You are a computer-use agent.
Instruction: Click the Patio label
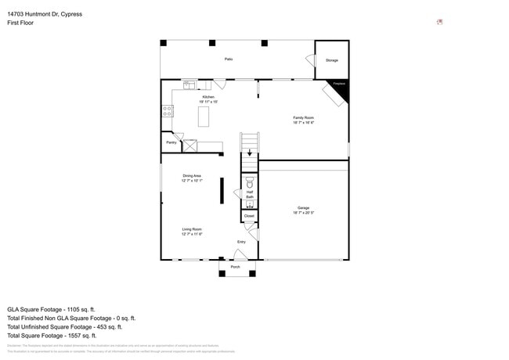coord(229,59)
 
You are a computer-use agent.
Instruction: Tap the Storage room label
coord(331,60)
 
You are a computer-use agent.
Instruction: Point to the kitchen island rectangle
coord(204,117)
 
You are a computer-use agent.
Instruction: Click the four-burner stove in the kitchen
coord(167,112)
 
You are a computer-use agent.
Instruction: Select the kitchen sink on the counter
coord(190,85)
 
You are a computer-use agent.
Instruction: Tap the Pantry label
coord(171,142)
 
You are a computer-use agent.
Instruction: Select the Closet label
coord(249,215)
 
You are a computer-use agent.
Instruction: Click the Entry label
coord(241,242)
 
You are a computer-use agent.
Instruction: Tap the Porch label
coord(236,268)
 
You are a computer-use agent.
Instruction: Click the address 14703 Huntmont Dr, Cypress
coord(45,14)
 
